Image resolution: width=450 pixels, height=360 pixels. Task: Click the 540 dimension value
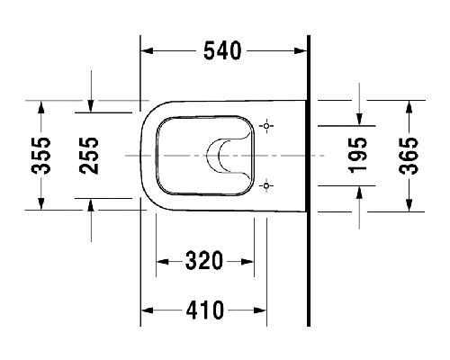point(222,50)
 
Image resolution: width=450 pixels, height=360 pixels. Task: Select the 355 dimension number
point(40,156)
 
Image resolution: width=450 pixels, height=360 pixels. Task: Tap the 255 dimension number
point(89,156)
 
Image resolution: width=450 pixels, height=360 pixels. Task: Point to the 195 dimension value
point(357,156)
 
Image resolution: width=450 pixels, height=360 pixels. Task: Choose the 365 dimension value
point(409,156)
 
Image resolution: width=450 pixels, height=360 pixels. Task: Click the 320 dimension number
point(204,260)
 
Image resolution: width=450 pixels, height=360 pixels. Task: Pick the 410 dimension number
point(205,310)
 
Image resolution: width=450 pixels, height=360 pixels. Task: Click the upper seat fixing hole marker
point(266,126)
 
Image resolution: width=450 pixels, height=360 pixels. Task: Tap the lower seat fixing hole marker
point(266,186)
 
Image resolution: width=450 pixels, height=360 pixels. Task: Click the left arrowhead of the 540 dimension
point(147,50)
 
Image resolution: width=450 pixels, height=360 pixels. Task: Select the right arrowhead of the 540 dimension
point(301,50)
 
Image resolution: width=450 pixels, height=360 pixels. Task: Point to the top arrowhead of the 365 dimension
point(409,106)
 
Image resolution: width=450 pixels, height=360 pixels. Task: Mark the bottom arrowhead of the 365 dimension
point(409,205)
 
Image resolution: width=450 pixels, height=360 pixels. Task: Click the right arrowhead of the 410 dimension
point(260,310)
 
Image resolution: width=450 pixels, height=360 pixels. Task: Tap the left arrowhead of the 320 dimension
point(162,262)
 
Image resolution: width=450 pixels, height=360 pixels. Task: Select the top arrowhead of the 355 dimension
point(41,107)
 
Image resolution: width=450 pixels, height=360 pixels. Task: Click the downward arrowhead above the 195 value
point(359,119)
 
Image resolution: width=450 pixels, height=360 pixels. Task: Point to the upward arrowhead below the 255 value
point(91,205)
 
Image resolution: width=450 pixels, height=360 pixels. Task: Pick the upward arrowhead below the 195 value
point(359,193)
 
